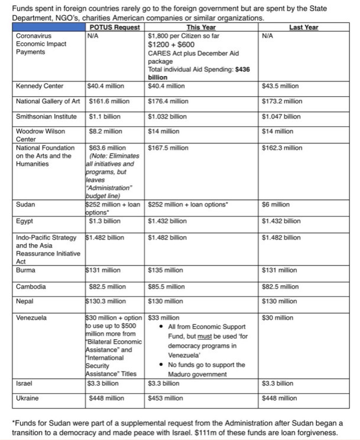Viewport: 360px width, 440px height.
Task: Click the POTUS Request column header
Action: click(x=115, y=28)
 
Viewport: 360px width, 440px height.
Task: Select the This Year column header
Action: click(x=201, y=28)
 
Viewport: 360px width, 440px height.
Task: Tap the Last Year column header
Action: click(x=304, y=28)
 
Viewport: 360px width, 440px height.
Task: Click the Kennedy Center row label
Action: click(x=40, y=86)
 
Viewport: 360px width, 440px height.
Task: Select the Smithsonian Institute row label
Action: click(x=47, y=117)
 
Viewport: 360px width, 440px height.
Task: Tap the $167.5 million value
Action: click(x=168, y=147)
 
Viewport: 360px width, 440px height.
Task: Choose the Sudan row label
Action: click(x=26, y=205)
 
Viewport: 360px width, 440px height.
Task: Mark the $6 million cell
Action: click(x=276, y=205)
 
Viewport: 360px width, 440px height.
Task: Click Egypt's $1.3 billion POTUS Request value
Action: click(x=106, y=221)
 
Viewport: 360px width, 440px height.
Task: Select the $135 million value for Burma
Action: click(x=166, y=270)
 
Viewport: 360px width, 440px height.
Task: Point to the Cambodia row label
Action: click(x=32, y=286)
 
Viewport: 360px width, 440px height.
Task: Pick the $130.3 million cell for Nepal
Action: click(x=106, y=301)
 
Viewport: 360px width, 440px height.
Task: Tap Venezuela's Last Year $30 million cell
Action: click(x=277, y=318)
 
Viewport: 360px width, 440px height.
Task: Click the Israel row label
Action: click(x=25, y=383)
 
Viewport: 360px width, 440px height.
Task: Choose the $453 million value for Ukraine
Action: click(x=166, y=398)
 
